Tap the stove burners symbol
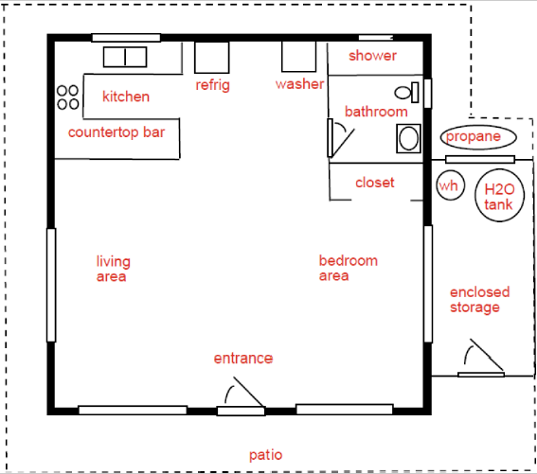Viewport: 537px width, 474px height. pos(68,97)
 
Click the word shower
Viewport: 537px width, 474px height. pos(372,56)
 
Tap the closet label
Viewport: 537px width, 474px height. pos(375,183)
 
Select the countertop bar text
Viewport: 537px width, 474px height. pos(116,132)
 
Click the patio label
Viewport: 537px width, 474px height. pos(266,455)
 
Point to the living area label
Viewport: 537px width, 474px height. pos(113,269)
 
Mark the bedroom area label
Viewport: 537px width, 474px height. pos(349,269)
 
